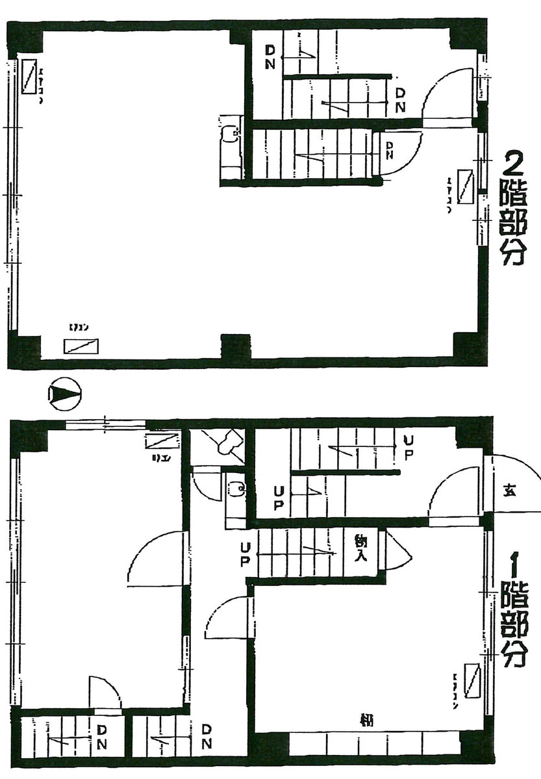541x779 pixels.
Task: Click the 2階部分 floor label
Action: pyautogui.click(x=512, y=208)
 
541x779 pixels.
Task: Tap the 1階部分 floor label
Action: pyautogui.click(x=513, y=611)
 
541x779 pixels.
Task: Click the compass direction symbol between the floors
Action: pyautogui.click(x=63, y=394)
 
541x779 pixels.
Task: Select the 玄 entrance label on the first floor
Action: pyautogui.click(x=509, y=491)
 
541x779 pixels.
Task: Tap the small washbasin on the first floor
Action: pyautogui.click(x=236, y=487)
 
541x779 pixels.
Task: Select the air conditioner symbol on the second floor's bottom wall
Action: pyautogui.click(x=81, y=346)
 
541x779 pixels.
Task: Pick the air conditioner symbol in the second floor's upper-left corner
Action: pyautogui.click(x=29, y=76)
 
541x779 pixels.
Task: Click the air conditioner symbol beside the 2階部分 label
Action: pyautogui.click(x=465, y=186)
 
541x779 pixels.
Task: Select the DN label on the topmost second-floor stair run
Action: pyautogui.click(x=271, y=57)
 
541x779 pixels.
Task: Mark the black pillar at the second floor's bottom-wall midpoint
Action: pyautogui.click(x=235, y=346)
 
